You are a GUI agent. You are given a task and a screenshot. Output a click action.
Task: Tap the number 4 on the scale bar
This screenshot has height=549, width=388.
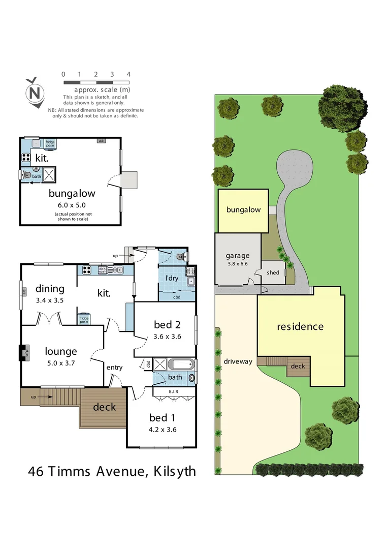pyautogui.click(x=128, y=74)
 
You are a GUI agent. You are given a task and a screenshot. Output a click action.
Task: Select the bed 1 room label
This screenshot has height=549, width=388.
pyautogui.click(x=161, y=418)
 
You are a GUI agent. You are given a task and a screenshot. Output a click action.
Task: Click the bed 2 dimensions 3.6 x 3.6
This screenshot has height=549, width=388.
pyautogui.click(x=167, y=337)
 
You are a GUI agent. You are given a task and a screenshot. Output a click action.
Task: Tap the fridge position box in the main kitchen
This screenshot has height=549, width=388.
pyautogui.click(x=84, y=319)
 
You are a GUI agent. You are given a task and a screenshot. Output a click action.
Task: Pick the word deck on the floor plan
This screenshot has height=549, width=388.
pyautogui.click(x=104, y=407)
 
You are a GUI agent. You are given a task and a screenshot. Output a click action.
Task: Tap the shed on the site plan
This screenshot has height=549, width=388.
pyautogui.click(x=273, y=273)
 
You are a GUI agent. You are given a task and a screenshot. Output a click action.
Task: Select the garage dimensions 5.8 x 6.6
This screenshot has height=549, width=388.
pyautogui.click(x=238, y=264)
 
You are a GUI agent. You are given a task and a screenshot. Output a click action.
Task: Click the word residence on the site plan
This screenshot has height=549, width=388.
pyautogui.click(x=300, y=326)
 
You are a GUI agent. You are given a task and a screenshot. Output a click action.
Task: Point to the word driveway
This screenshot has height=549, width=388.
pyautogui.click(x=238, y=362)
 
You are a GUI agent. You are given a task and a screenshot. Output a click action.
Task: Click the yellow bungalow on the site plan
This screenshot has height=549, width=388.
pyautogui.click(x=243, y=210)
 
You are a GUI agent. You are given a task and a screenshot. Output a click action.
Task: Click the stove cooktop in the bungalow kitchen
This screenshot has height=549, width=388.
pyautogui.click(x=26, y=157)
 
